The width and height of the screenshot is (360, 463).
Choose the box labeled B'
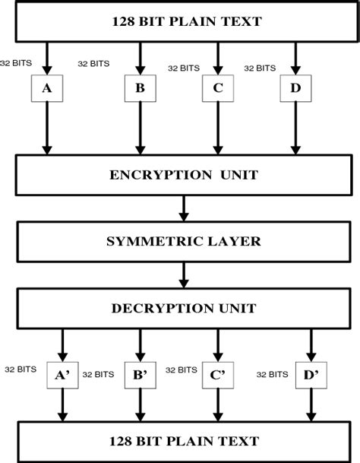[x=140, y=375]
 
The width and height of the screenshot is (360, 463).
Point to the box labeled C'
[x=218, y=375]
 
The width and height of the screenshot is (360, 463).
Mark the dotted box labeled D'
[x=311, y=375]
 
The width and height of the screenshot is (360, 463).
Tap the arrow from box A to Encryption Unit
[x=46, y=128]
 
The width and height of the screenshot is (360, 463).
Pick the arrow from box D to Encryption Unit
[x=295, y=128]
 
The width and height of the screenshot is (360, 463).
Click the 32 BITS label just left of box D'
[x=273, y=374]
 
